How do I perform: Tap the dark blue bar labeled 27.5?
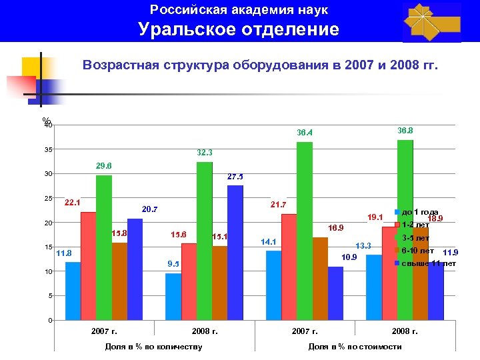(x=235, y=253)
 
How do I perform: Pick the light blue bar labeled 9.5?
(x=173, y=297)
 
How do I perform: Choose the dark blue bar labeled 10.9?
(x=335, y=293)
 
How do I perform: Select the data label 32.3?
(x=205, y=153)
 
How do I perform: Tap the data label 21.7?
(x=277, y=203)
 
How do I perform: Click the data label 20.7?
(x=149, y=209)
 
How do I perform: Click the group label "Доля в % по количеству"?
(x=153, y=346)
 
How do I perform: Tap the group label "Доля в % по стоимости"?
(x=355, y=346)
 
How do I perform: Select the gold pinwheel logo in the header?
(x=431, y=22)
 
